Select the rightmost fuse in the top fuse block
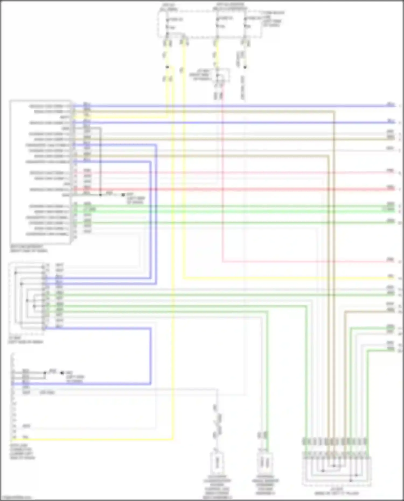tap(245, 23)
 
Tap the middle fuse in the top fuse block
tap(217, 23)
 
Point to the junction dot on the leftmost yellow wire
tap(167, 67)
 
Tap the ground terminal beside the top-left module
tap(123, 195)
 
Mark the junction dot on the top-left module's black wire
tap(100, 195)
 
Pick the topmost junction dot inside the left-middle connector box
tap(16, 273)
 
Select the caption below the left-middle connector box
tap(26, 340)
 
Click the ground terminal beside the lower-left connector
tap(62, 373)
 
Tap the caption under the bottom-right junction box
tap(337, 491)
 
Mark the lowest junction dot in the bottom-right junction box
tap(351, 480)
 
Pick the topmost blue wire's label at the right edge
tap(391, 104)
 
